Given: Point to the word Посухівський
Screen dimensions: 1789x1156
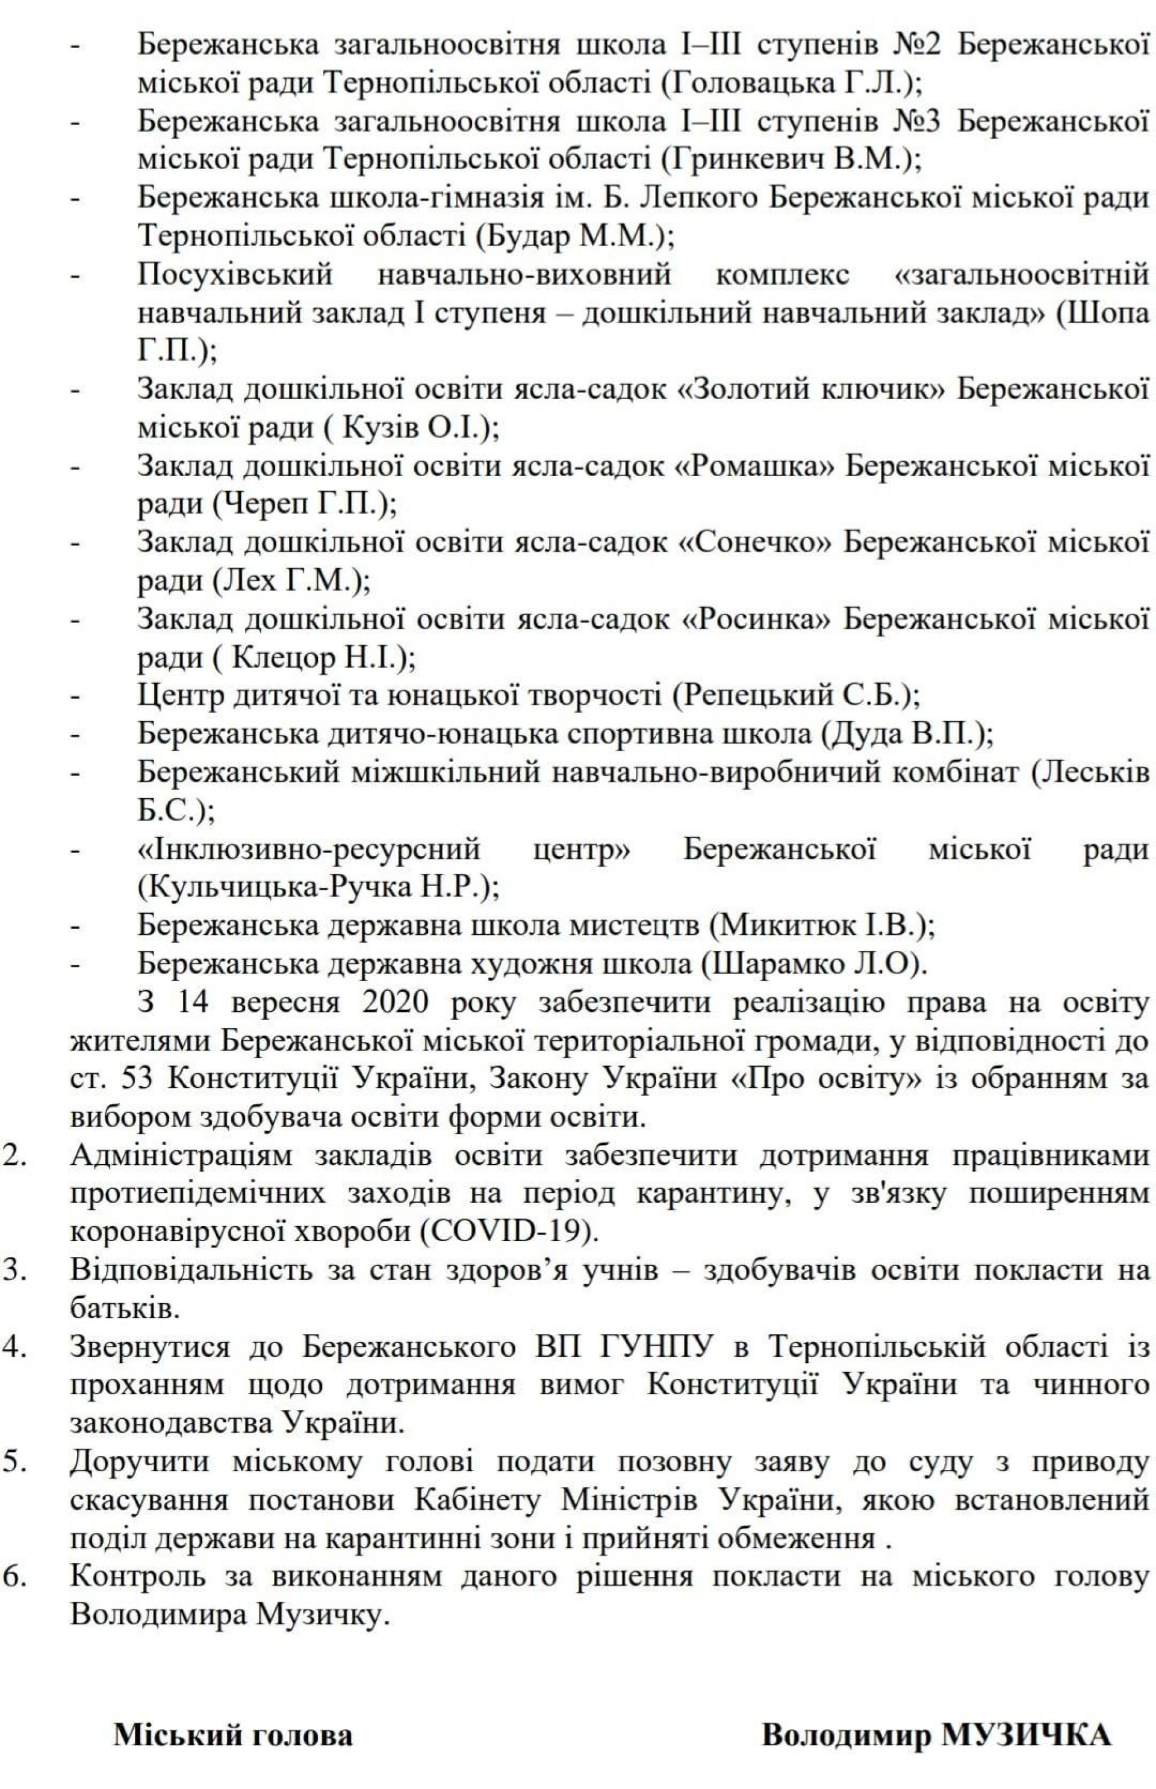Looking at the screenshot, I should [234, 274].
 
